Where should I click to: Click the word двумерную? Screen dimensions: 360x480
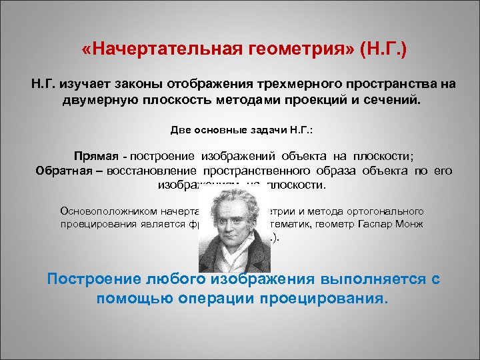[93, 99]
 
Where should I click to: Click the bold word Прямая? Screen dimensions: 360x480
[96, 157]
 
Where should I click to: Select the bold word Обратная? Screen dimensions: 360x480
[61, 170]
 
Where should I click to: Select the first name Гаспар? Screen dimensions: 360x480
[371, 223]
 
